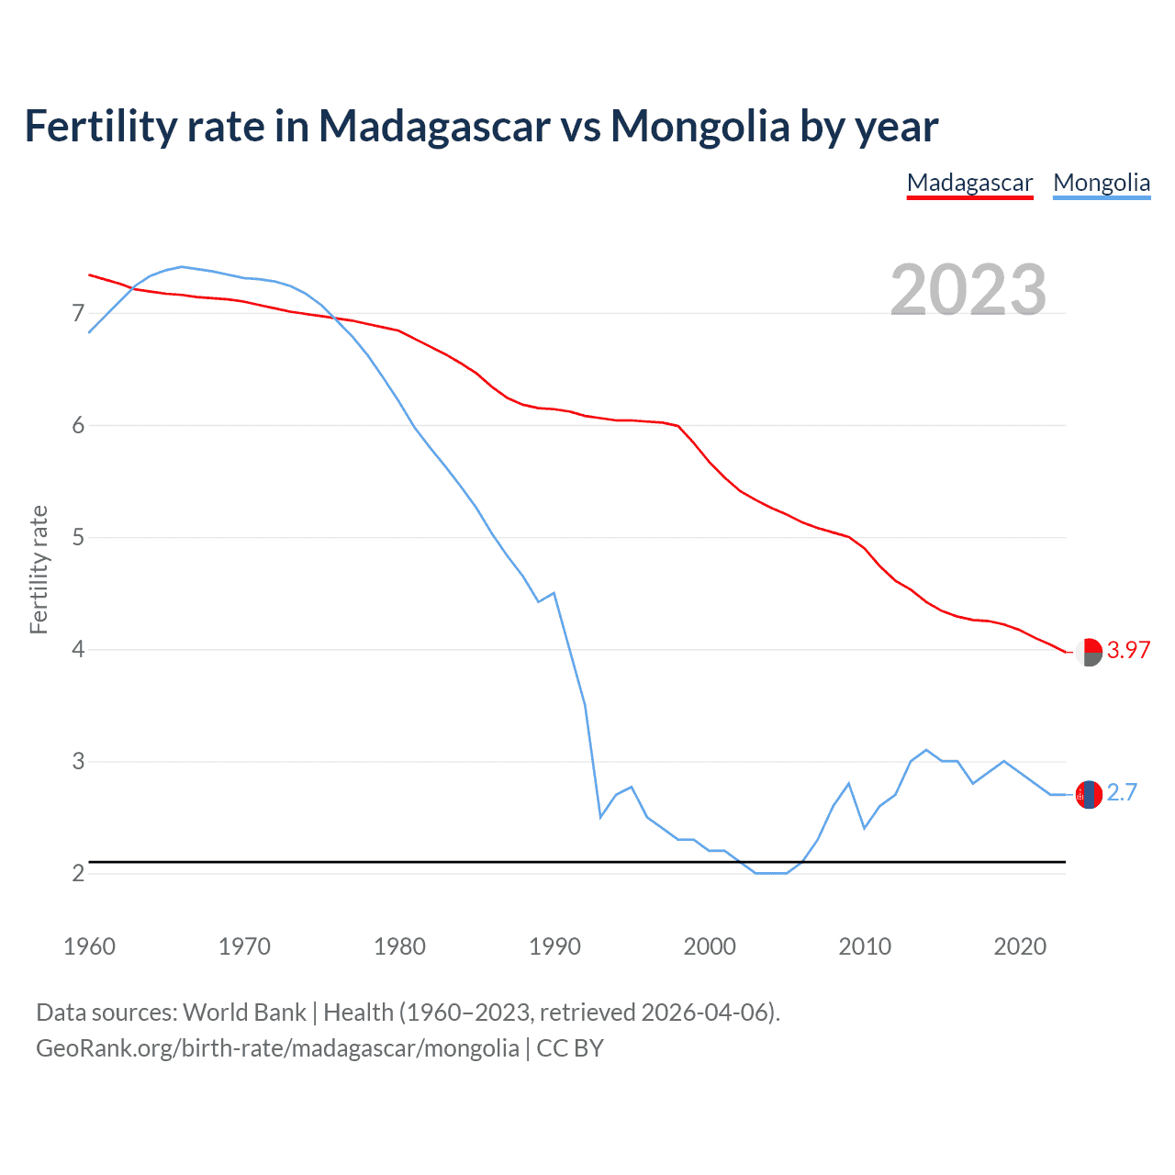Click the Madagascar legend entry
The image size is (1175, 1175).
click(969, 183)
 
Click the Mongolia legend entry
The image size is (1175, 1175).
click(1101, 183)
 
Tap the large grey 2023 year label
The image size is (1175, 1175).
click(968, 290)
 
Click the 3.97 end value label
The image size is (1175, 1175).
click(1128, 650)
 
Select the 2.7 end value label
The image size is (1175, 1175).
click(1122, 792)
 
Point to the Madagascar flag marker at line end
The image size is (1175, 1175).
click(1089, 652)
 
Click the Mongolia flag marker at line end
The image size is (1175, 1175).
click(1089, 794)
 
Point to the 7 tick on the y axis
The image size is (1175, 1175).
click(78, 314)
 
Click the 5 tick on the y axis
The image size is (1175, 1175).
click(78, 538)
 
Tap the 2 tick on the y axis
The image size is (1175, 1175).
click(78, 873)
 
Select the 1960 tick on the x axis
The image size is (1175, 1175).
click(89, 946)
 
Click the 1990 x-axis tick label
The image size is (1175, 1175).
click(554, 946)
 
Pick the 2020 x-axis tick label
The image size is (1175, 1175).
click(1020, 946)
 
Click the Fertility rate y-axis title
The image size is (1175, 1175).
click(39, 569)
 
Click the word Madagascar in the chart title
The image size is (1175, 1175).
click(433, 126)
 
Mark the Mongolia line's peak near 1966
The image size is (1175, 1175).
click(181, 266)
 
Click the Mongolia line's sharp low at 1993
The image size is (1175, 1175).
click(600, 817)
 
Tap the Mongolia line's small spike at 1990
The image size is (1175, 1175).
click(554, 593)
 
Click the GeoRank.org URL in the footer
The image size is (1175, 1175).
click(277, 1048)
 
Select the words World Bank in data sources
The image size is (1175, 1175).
click(244, 1013)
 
